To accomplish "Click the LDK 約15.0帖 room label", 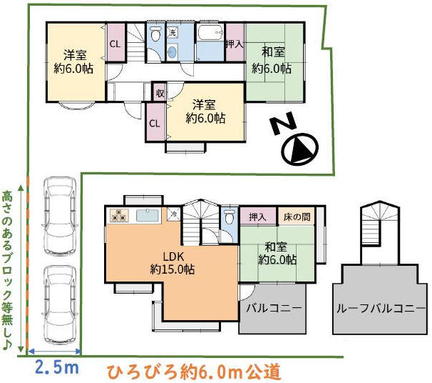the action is click(x=173, y=263).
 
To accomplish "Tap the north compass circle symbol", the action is click(x=299, y=149).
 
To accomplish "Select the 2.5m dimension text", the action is click(x=57, y=368).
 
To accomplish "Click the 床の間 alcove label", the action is click(x=297, y=217).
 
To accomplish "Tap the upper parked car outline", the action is click(x=60, y=216).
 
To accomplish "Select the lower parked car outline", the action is click(x=60, y=304).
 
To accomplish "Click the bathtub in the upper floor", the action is click(x=210, y=34).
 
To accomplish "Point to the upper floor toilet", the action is click(x=156, y=34).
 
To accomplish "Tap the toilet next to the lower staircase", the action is click(x=230, y=216).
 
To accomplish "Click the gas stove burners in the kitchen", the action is click(x=119, y=215).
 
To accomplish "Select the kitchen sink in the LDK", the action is click(x=148, y=215).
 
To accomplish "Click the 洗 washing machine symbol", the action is click(x=173, y=32).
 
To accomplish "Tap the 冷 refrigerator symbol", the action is click(x=174, y=214).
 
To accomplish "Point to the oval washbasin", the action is click(x=173, y=52).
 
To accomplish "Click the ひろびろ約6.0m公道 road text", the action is click(x=194, y=372).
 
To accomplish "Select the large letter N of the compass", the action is click(x=284, y=124).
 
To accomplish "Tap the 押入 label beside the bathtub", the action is click(x=235, y=44).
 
